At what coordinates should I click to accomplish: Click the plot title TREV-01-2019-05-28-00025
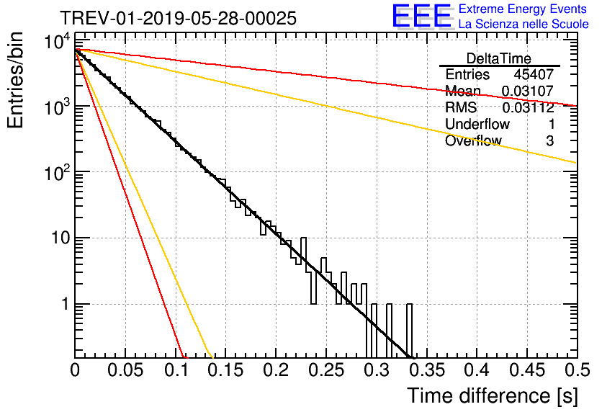pyautogui.click(x=178, y=18)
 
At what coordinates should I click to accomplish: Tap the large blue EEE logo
pyautogui.click(x=421, y=16)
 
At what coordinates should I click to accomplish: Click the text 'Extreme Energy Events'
pyautogui.click(x=523, y=9)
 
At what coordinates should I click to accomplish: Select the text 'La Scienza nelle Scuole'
pyautogui.click(x=524, y=24)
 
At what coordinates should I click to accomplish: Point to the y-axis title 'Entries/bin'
pyautogui.click(x=15, y=80)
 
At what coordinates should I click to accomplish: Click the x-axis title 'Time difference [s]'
pyautogui.click(x=493, y=395)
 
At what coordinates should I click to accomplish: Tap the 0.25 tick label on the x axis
pyautogui.click(x=326, y=370)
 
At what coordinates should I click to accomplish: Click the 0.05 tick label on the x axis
pyautogui.click(x=125, y=370)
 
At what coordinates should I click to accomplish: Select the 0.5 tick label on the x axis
pyautogui.click(x=577, y=370)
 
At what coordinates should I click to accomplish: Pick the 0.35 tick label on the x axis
pyautogui.click(x=427, y=370)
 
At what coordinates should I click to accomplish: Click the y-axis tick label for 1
pyautogui.click(x=66, y=304)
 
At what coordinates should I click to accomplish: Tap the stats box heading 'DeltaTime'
pyautogui.click(x=499, y=58)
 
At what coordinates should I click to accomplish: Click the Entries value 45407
pyautogui.click(x=534, y=74)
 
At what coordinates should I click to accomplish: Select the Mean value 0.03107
pyautogui.click(x=528, y=91)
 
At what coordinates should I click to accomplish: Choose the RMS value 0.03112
pyautogui.click(x=528, y=107)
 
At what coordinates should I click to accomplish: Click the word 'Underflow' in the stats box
pyautogui.click(x=477, y=124)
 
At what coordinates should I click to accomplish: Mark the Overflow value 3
pyautogui.click(x=549, y=141)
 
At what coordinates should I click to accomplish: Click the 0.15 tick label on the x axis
pyautogui.click(x=226, y=370)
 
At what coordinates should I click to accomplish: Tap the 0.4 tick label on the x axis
pyautogui.click(x=477, y=370)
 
